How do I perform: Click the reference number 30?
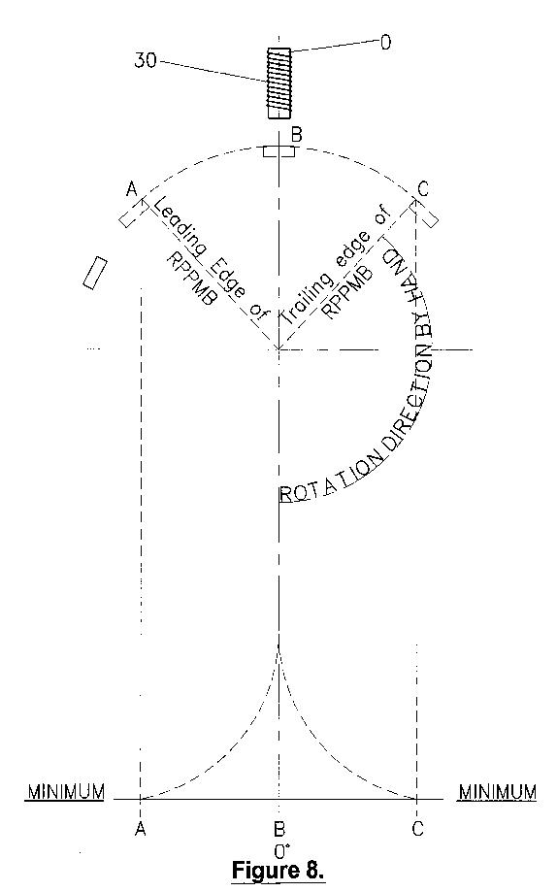point(146,60)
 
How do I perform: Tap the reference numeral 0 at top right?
point(385,43)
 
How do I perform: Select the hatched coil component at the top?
point(279,83)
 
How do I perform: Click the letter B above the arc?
point(296,135)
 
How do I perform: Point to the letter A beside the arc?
point(132,188)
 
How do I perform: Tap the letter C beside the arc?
point(423,189)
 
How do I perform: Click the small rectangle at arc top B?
point(278,151)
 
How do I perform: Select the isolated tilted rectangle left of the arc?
point(95,273)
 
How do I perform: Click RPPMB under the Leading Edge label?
point(190,279)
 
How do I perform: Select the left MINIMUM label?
point(66,792)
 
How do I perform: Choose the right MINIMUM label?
point(498,792)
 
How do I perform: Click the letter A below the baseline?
point(141,830)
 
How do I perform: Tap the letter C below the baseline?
point(417,830)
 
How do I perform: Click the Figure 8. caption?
point(278,871)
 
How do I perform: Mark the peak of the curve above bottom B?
point(278,647)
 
